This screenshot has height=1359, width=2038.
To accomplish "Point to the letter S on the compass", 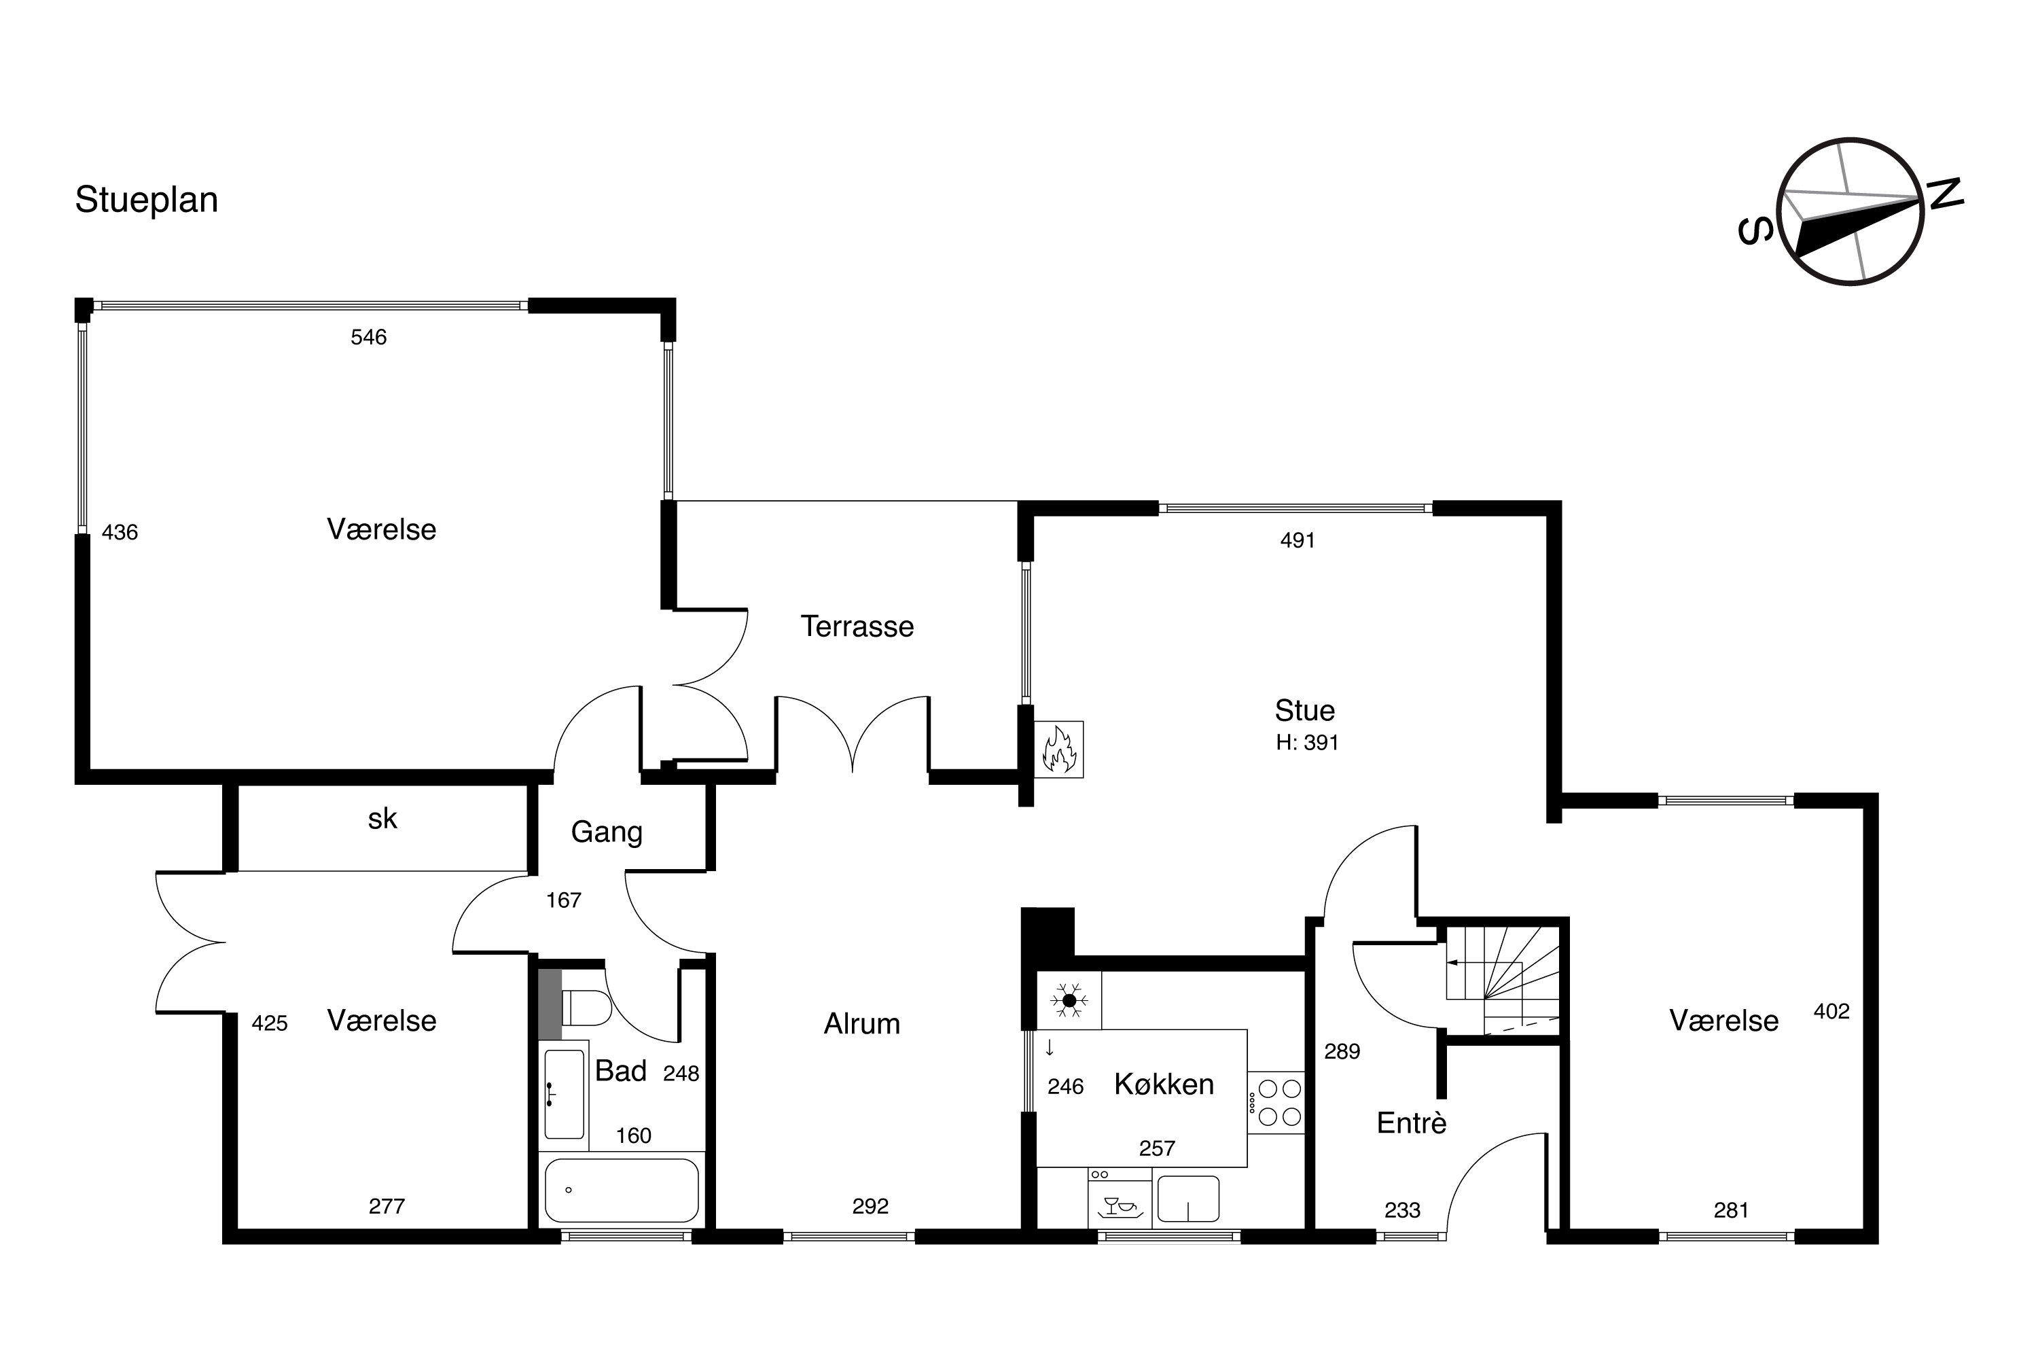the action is (x=1755, y=230).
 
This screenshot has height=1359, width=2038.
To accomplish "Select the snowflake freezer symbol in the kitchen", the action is (x=1069, y=1000).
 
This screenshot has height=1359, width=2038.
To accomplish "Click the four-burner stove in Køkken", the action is (x=1276, y=1102).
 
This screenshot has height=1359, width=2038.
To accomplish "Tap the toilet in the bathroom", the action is (x=586, y=1008).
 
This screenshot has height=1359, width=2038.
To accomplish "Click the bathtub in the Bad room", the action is (x=622, y=1190).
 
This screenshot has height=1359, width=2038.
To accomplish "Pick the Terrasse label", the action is (x=857, y=626).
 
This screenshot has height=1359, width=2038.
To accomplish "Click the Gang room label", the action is (x=607, y=832).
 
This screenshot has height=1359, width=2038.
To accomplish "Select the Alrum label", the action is (x=862, y=1023).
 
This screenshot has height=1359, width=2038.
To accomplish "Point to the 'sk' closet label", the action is (x=382, y=818).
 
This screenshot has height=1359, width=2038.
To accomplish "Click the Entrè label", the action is (x=1412, y=1123).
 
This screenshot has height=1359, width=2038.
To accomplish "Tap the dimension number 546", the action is (x=368, y=337).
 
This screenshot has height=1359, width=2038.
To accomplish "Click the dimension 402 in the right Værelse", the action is (x=1831, y=1012).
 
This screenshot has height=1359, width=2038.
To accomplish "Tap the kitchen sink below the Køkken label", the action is (x=1188, y=1198).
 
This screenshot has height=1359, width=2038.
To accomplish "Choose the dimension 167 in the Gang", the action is (x=563, y=900).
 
